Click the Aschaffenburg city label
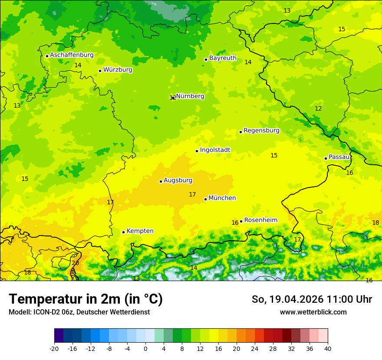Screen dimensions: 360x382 [x=72, y=55]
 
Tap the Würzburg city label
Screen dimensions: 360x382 [x=118, y=70]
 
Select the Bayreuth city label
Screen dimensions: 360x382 [x=223, y=58]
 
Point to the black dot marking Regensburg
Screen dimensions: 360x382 [x=240, y=132]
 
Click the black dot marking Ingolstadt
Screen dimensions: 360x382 [x=197, y=151]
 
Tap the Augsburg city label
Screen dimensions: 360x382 [x=178, y=180]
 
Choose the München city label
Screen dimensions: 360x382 [x=222, y=198]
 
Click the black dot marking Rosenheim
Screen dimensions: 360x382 [x=241, y=221]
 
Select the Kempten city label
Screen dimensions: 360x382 [x=140, y=231]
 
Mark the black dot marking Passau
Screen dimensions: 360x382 [x=326, y=158]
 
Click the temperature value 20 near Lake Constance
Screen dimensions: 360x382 [x=75, y=263]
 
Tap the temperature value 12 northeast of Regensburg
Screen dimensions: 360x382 [x=318, y=108]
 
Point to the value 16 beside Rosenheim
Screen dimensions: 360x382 [x=235, y=223]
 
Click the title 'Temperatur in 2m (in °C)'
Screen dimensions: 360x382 [x=86, y=299]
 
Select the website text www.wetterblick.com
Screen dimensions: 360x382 [x=313, y=312]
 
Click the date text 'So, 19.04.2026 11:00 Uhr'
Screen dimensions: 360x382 [x=312, y=299]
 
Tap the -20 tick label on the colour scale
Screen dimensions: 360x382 [x=54, y=349]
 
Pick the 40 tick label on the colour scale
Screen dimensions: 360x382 [x=328, y=349]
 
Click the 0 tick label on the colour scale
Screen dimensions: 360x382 [x=145, y=349]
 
